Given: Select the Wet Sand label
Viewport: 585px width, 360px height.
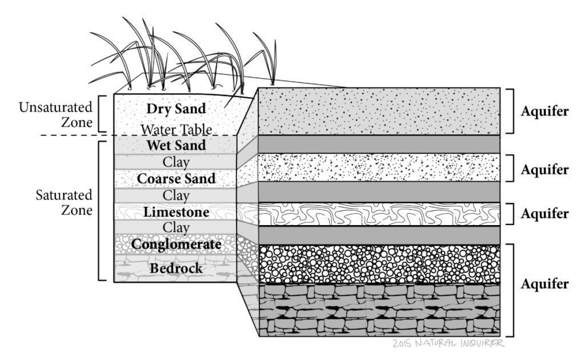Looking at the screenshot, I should (x=175, y=145).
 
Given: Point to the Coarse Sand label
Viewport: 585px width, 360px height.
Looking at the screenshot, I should (x=175, y=178).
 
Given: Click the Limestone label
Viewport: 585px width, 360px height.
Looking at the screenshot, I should (x=175, y=212).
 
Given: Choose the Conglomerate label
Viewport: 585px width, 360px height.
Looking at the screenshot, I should (x=175, y=245).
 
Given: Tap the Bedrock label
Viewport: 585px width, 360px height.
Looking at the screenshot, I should (x=175, y=267).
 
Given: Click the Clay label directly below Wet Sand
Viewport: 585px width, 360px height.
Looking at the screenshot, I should (x=175, y=162).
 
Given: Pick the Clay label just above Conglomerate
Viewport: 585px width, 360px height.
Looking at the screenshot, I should (x=175, y=228).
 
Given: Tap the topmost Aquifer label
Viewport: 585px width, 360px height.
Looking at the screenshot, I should (x=544, y=111).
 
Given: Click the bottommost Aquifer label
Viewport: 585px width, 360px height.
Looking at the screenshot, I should (x=544, y=284).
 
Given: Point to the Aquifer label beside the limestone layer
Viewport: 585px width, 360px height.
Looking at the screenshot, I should (x=544, y=214).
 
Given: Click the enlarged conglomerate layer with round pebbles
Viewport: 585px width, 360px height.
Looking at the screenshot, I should (x=379, y=264).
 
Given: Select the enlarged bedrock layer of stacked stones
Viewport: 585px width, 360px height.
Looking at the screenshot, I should (x=379, y=310).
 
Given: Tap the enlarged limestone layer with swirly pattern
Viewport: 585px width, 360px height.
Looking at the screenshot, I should (x=379, y=214).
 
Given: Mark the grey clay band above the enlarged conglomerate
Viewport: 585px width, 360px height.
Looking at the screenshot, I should (x=379, y=235).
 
